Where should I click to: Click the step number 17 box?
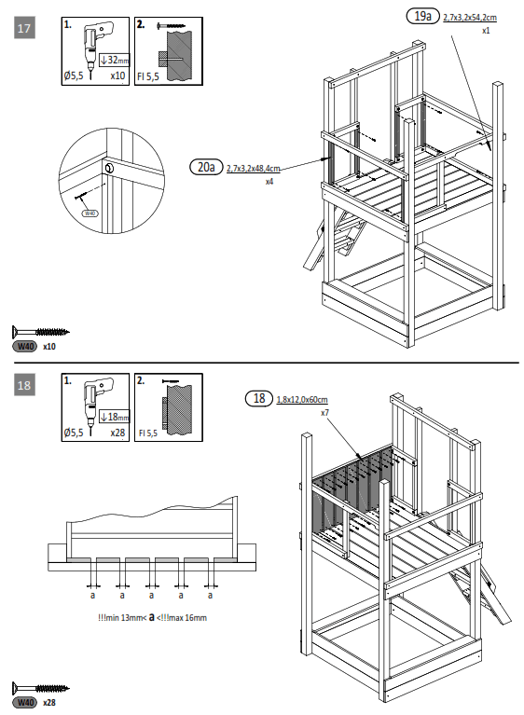tap(25, 29)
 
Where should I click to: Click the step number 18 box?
tap(25, 384)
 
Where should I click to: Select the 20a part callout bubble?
tap(204, 167)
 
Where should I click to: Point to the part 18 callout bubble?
tap(258, 399)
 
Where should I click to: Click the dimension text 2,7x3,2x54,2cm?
tap(469, 17)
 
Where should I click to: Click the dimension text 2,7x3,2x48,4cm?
tap(253, 168)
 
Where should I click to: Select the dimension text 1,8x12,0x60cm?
tap(303, 400)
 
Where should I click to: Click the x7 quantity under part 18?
tap(324, 412)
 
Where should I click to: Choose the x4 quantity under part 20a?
tap(269, 181)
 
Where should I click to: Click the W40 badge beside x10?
tap(24, 347)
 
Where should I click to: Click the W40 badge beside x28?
tap(24, 702)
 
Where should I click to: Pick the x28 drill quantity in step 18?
tap(117, 433)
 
